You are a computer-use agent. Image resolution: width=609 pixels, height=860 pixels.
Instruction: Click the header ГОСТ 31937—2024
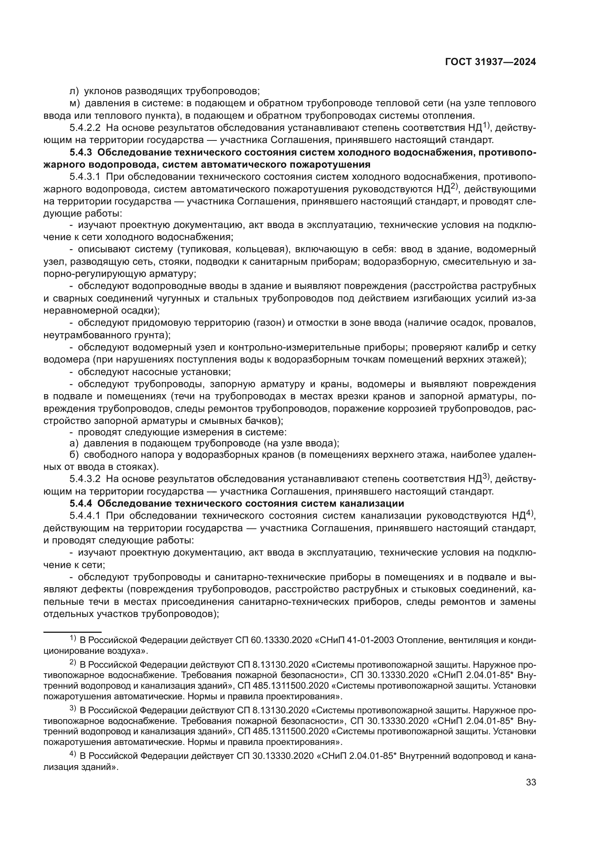coord(490,62)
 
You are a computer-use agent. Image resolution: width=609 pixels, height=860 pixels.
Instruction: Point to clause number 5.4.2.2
coord(85,128)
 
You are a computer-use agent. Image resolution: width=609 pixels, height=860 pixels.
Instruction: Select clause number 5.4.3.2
coord(85,479)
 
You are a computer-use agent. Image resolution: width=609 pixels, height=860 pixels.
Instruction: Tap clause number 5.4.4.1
coord(85,516)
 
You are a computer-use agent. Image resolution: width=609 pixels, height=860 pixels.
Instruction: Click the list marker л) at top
coord(74,91)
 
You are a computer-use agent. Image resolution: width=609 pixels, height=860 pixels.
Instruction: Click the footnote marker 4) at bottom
coord(73,754)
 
